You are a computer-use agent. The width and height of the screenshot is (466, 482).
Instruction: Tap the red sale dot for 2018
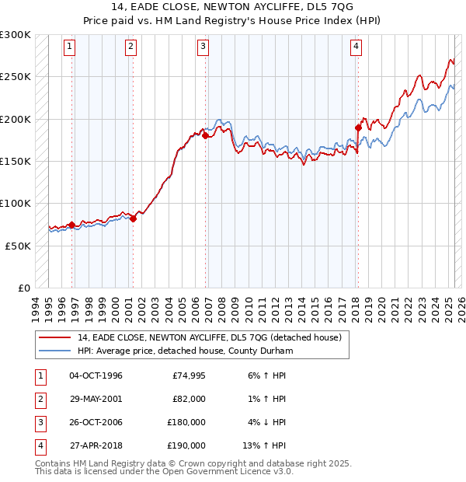358,127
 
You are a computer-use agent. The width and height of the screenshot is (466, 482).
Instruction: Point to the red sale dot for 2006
206,136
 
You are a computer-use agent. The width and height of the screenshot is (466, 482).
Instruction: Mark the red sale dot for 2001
133,218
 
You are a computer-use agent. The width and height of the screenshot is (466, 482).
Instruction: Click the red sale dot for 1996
72,225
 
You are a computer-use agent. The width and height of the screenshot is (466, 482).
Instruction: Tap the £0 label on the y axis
24,288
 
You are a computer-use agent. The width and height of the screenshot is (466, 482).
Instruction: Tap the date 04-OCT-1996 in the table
96,375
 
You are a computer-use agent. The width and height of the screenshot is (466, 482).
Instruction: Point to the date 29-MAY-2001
96,399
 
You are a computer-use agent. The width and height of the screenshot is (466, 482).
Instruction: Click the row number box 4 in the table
39,445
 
